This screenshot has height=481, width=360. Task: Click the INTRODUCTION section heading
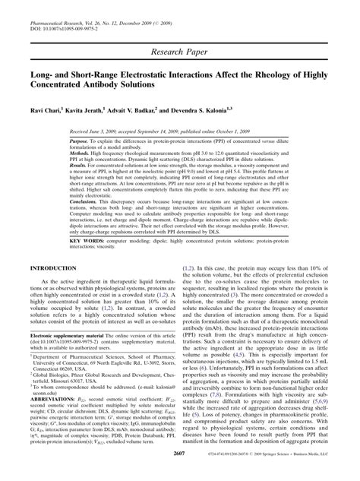point(54,269)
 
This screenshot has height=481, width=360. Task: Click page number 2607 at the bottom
point(179,473)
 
